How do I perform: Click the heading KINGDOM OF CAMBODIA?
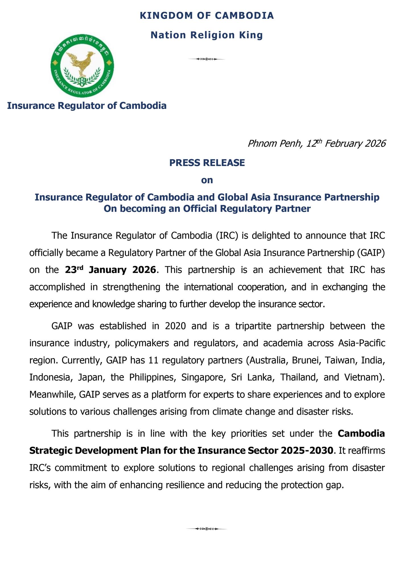(x=207, y=16)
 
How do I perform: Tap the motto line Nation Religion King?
(x=207, y=35)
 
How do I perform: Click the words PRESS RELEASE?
(x=207, y=163)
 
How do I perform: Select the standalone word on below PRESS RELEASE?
(x=207, y=180)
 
